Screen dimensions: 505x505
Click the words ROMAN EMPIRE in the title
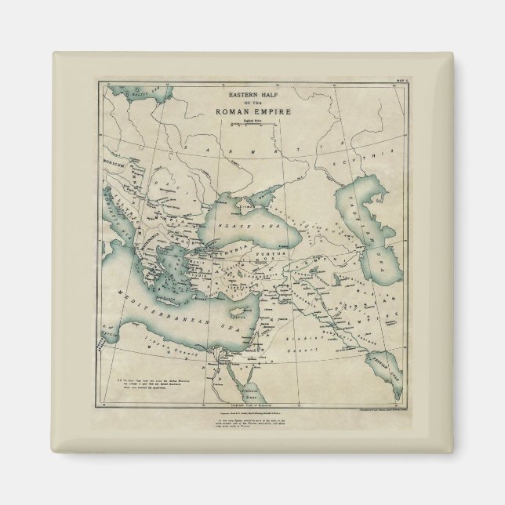pos(252,112)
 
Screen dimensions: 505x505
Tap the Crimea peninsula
pos(249,202)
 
